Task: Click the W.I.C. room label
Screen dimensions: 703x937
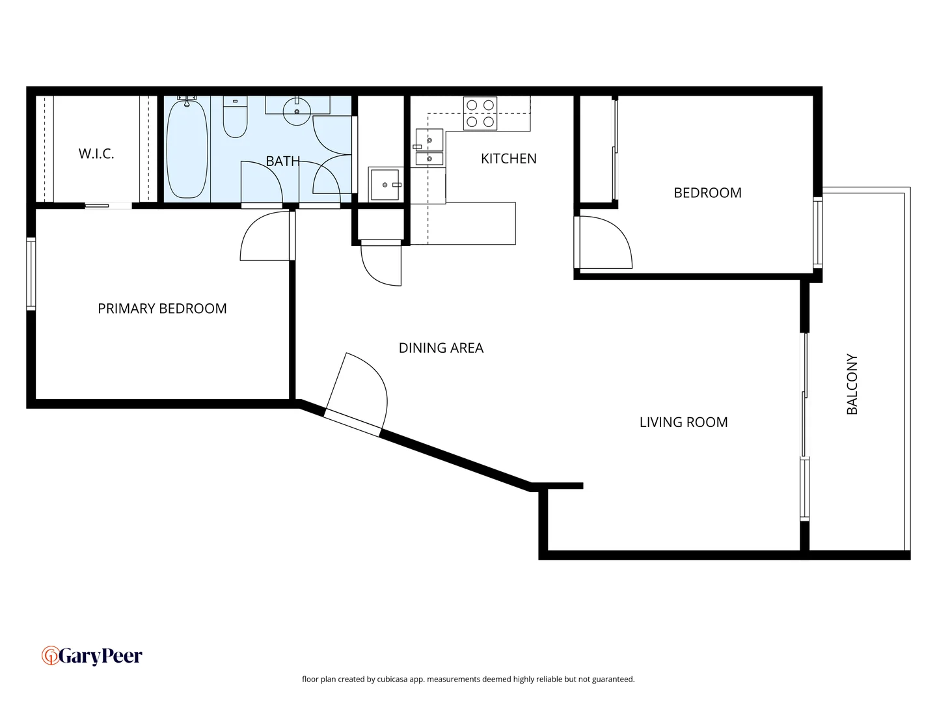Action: [x=96, y=154]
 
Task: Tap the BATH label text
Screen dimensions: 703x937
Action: [x=282, y=161]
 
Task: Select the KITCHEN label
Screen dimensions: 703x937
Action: [x=508, y=159]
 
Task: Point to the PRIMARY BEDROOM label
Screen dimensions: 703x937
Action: [x=162, y=309]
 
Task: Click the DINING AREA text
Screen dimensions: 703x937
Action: [x=441, y=348]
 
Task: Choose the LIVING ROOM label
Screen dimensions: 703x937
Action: [x=683, y=422]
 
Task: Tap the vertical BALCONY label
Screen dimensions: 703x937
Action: [x=852, y=384]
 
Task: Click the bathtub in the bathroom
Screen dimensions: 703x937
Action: [x=187, y=150]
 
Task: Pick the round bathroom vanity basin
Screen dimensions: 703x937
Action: [x=297, y=111]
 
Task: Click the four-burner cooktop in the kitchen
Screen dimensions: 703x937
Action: [x=480, y=113]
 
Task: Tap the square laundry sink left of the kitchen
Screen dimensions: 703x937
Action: [x=385, y=185]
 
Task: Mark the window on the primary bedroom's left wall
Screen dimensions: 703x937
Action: [x=31, y=273]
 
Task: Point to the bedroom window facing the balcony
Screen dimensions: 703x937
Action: [x=817, y=232]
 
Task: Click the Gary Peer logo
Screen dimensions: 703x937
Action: [x=92, y=655]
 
